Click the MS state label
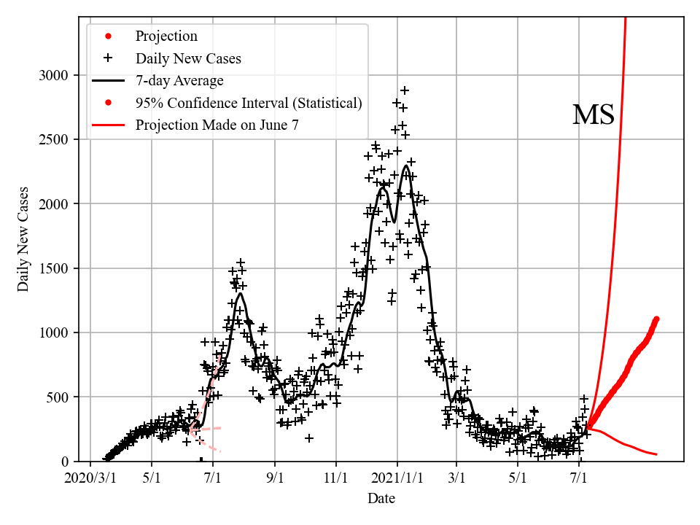(593, 115)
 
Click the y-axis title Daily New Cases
(23, 239)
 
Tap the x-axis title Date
(381, 498)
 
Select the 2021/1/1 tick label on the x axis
(397, 479)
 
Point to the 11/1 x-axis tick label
(335, 479)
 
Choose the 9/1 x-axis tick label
(275, 479)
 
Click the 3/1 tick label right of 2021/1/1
(456, 479)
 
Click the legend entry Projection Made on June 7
(217, 125)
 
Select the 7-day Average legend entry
(179, 80)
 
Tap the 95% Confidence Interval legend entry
(248, 103)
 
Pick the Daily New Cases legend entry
(188, 58)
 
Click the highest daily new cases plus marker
(404, 90)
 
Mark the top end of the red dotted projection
(656, 319)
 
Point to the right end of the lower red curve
(656, 454)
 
